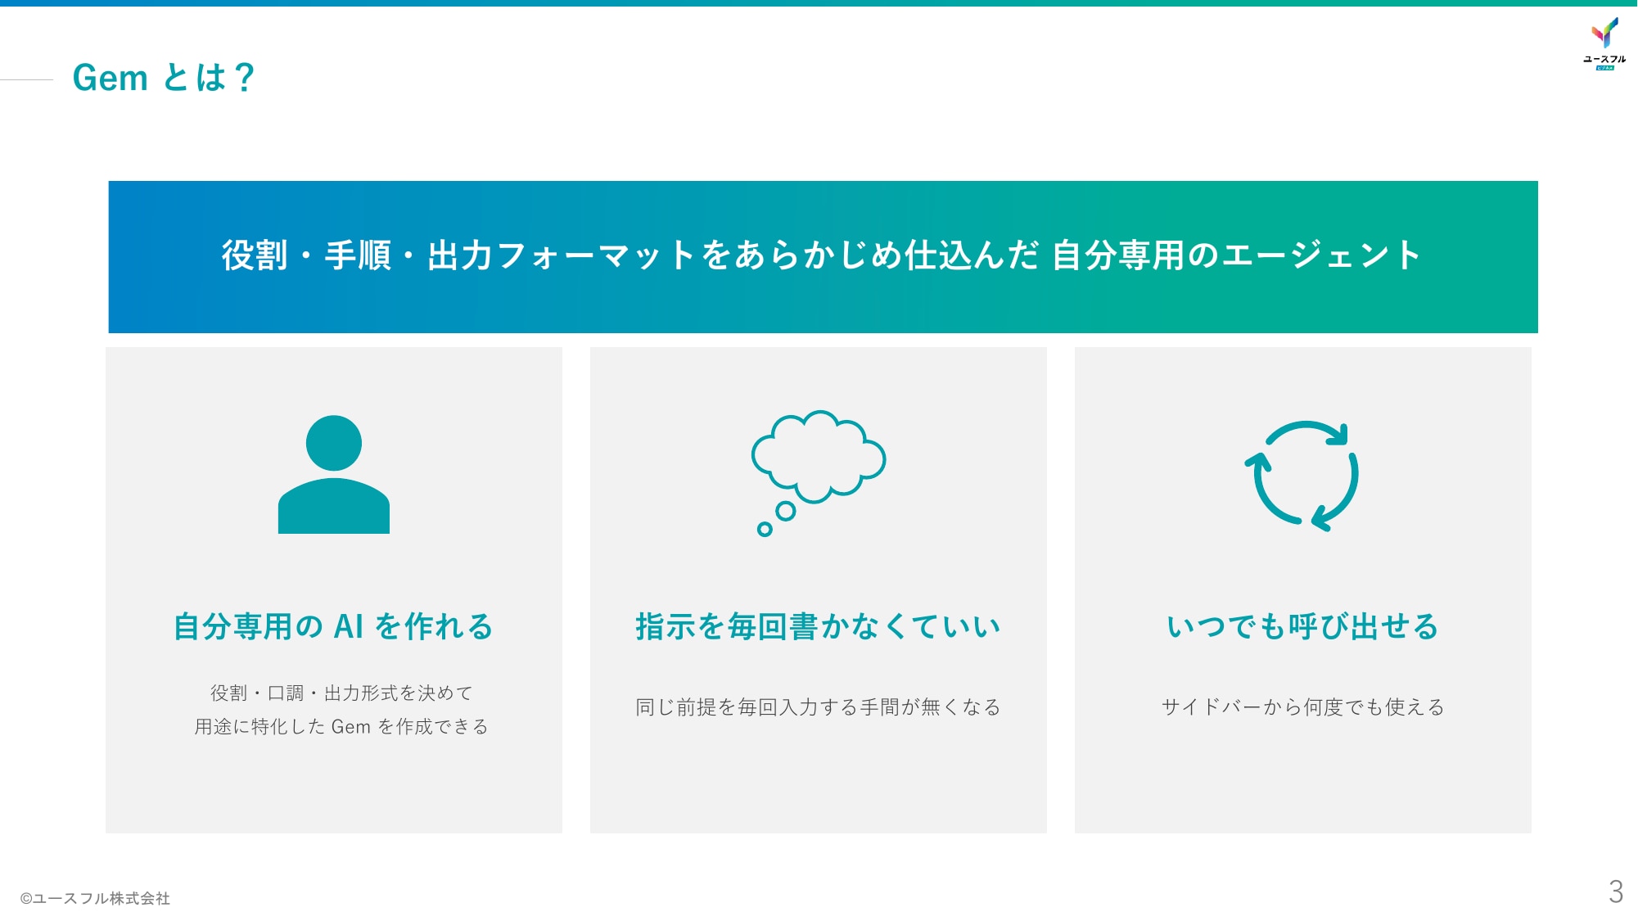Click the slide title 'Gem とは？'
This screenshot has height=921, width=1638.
click(164, 78)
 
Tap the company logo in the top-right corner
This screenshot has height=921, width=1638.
click(1604, 43)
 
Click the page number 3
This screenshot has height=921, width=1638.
click(1615, 892)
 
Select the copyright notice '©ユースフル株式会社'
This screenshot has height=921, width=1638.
click(95, 898)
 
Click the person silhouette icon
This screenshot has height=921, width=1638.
click(334, 474)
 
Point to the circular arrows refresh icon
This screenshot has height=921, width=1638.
click(1302, 476)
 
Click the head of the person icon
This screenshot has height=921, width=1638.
click(334, 443)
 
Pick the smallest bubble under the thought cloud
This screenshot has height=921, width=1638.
click(765, 529)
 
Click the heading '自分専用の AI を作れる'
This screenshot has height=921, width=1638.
click(333, 626)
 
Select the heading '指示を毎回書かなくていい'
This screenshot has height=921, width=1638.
click(819, 626)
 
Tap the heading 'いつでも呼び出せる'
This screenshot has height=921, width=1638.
click(1302, 626)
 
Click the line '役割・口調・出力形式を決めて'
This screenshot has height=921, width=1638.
click(341, 693)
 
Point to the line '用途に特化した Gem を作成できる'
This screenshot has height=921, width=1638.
click(341, 726)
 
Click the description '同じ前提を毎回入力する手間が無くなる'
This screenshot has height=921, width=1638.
click(819, 707)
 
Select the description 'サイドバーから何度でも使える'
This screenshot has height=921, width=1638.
click(1302, 707)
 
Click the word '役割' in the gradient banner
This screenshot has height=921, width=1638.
click(255, 255)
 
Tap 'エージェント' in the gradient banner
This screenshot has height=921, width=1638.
click(1321, 255)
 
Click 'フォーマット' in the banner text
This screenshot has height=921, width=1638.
click(596, 255)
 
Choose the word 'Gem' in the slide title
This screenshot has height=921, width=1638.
click(110, 78)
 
